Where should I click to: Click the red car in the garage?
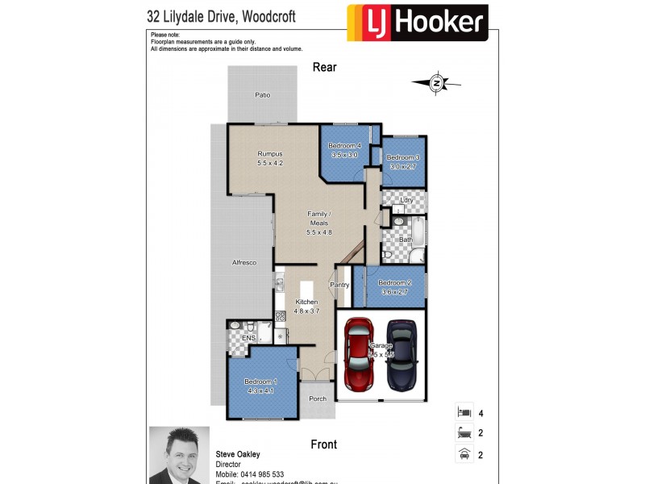click(x=359, y=353)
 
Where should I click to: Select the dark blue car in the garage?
click(x=400, y=353)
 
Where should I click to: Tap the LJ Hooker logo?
click(x=417, y=23)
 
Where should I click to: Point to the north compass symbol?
click(x=436, y=82)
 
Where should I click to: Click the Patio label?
click(x=263, y=95)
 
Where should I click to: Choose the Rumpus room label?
click(x=269, y=153)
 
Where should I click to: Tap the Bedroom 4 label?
click(x=343, y=145)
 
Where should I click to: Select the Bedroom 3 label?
click(x=403, y=157)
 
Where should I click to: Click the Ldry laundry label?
click(x=407, y=199)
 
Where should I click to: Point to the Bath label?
click(x=406, y=240)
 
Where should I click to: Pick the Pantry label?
click(x=339, y=284)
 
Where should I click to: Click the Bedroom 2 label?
click(x=395, y=282)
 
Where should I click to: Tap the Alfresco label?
click(x=243, y=263)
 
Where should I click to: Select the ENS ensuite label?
click(x=237, y=338)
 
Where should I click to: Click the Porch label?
click(x=318, y=398)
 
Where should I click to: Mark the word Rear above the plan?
click(x=324, y=68)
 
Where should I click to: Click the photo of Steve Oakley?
click(x=179, y=455)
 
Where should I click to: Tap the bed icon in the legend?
click(x=464, y=414)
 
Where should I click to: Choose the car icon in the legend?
click(x=464, y=455)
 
